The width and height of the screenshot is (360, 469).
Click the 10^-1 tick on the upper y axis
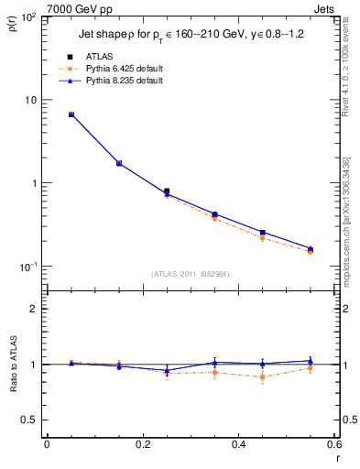click(x=27, y=267)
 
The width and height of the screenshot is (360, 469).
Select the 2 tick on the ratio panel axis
click(x=34, y=310)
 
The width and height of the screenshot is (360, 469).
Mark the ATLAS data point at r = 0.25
click(x=166, y=191)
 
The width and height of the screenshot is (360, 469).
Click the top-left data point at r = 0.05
click(x=71, y=115)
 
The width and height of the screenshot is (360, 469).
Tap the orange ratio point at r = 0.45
click(x=262, y=376)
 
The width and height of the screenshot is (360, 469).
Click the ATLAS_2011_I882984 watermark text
click(x=191, y=274)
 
